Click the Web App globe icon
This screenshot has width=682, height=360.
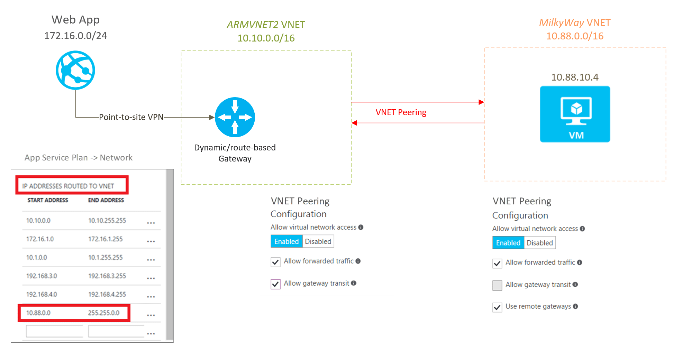pos(75,70)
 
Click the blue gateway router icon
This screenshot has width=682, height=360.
pos(235,117)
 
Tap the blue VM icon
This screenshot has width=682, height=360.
pos(575,114)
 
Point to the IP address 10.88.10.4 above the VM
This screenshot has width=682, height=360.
pos(574,77)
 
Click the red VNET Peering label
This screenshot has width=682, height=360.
pos(401,112)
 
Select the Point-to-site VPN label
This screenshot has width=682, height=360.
pos(131,117)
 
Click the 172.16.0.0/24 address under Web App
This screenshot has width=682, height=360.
pos(75,36)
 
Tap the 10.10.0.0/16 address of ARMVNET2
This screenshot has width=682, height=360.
pos(266,38)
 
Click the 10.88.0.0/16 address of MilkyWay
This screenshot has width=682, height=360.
pos(574,36)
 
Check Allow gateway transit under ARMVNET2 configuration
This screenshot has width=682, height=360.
pos(275,284)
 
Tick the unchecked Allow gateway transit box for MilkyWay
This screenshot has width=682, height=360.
pos(497,285)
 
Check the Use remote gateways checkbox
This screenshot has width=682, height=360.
pos(497,307)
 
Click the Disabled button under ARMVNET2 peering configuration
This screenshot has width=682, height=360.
pos(318,241)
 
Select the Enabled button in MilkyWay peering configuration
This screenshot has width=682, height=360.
pos(508,243)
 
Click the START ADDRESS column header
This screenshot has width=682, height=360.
pos(48,200)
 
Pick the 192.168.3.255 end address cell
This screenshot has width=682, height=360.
pos(107,276)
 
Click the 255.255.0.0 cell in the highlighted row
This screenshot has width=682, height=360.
pos(103,313)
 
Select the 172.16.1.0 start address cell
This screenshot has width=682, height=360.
pos(40,239)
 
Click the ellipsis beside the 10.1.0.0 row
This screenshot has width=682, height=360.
pos(151,260)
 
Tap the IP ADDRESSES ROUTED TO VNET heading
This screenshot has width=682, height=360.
pos(68,186)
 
